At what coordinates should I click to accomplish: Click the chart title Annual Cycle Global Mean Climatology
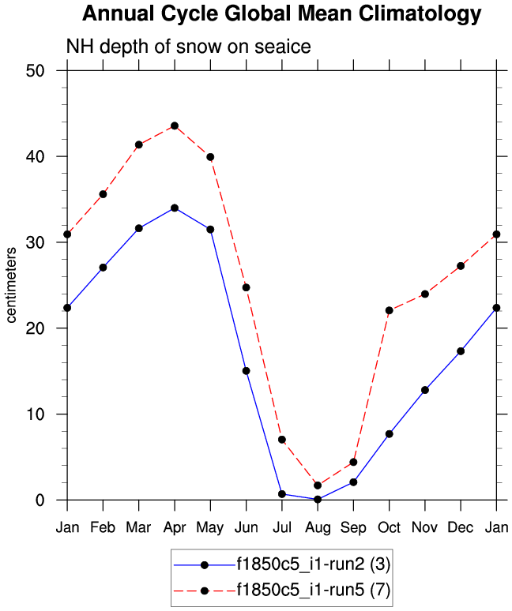pos(281,13)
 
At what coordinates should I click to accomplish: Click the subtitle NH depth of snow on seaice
pos(189,47)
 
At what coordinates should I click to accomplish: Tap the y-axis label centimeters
pos(12,285)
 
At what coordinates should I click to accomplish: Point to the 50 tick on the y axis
pos(46,71)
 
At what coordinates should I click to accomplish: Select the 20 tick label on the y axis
pos(46,328)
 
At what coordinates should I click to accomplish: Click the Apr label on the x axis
pos(175,527)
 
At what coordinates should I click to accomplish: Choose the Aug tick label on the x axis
pos(318,527)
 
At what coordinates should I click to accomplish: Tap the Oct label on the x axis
pos(389,527)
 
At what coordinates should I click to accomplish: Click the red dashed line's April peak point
pos(175,126)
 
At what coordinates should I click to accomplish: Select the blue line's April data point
pos(175,208)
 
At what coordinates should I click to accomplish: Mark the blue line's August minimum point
pos(318,499)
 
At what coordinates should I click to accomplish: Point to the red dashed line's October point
pos(389,310)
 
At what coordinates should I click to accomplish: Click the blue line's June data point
pos(246,371)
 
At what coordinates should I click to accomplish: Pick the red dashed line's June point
pos(246,287)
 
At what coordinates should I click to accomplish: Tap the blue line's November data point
pos(425,390)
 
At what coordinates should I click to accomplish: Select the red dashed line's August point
pos(318,485)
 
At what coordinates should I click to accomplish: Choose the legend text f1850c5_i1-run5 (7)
pos(314,590)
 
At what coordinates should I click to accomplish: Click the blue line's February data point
pos(103,268)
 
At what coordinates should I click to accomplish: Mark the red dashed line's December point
pos(461,266)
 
